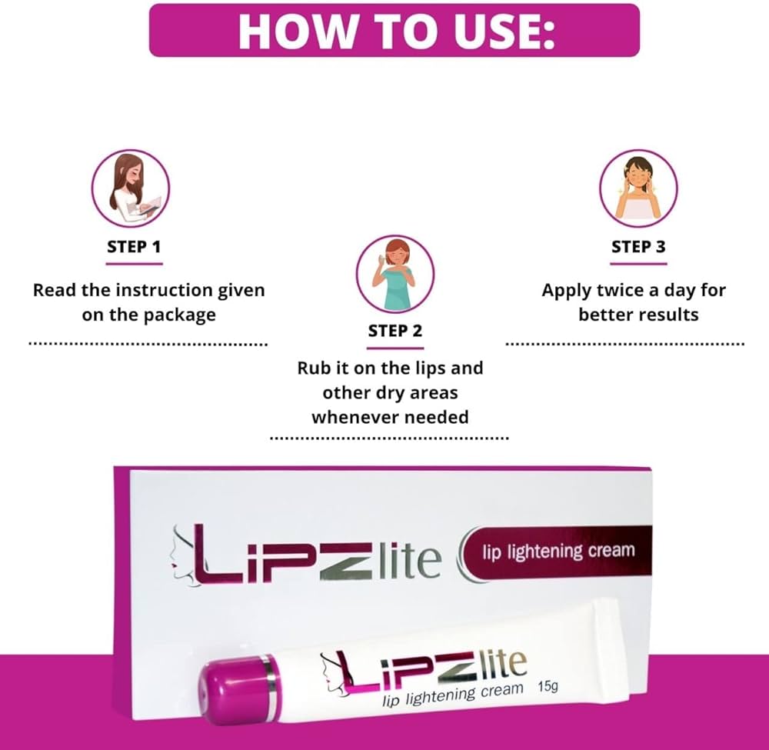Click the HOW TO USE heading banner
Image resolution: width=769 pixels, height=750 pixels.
point(394,30)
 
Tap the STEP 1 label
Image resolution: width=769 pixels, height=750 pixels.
point(134,248)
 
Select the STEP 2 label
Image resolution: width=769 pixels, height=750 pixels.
point(395,332)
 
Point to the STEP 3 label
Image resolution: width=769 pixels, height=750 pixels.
point(638,248)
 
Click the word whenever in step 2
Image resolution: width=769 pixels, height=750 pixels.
point(350,417)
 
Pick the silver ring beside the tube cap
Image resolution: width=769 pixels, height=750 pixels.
point(268,681)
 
